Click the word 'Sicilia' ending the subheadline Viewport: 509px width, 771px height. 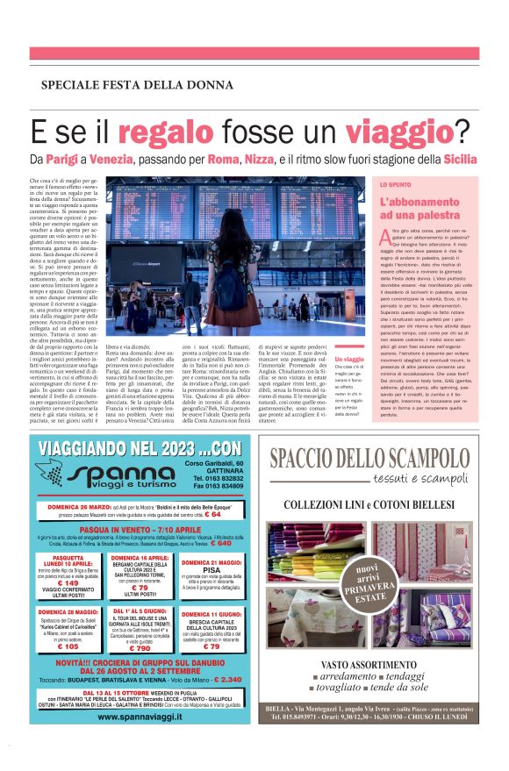461,161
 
